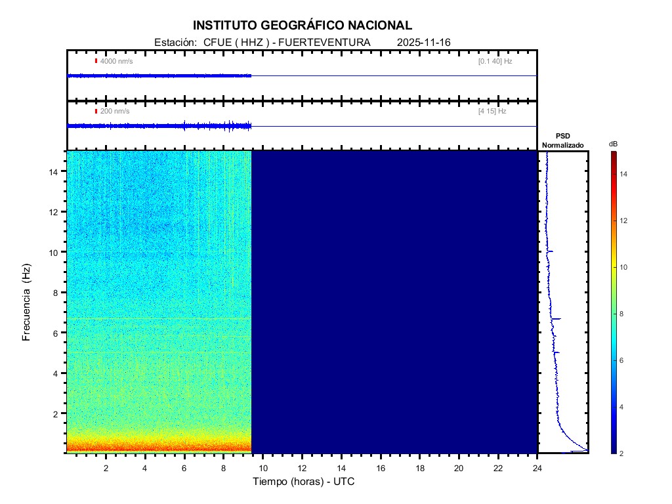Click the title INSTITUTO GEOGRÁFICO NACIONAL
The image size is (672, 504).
click(303, 26)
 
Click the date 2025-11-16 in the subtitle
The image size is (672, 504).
click(423, 43)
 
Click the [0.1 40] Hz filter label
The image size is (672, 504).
click(495, 61)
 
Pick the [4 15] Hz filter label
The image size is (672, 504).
click(493, 112)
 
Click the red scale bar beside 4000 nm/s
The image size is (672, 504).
click(96, 61)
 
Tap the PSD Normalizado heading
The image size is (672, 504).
click(562, 140)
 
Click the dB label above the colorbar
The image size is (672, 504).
click(613, 144)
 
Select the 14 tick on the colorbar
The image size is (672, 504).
click(625, 174)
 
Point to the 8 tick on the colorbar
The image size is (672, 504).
click(623, 314)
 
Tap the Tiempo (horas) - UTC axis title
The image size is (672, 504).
click(304, 482)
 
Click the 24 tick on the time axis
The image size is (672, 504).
click(537, 467)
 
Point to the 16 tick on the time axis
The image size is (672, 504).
click(381, 467)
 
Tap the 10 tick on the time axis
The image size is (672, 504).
click(262, 467)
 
